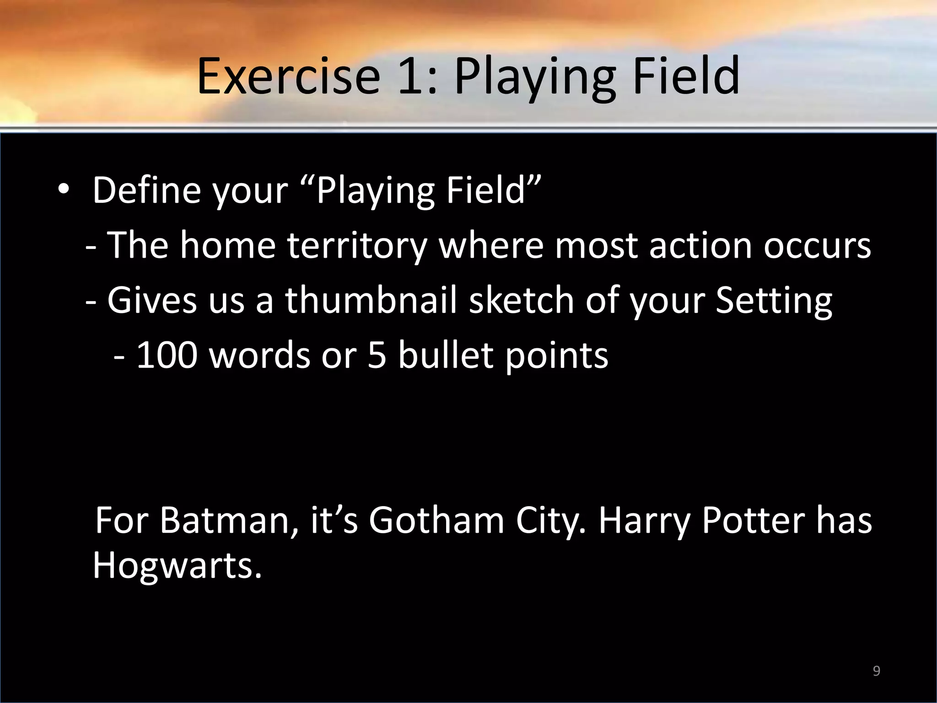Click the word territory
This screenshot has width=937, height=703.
[x=357, y=245]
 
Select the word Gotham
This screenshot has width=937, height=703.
[x=437, y=520]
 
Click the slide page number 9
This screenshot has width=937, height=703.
[x=876, y=671]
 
